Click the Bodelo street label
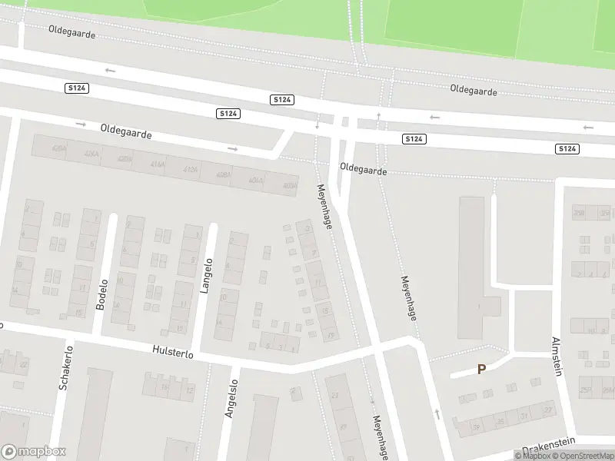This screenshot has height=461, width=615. coord(101,294)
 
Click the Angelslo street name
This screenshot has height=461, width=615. coord(230,398)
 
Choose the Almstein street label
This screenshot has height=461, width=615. coord(557,356)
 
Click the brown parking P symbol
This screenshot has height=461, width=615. coord(482,369)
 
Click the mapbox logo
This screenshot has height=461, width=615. coord(34,452)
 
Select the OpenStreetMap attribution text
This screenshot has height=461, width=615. coord(583,456)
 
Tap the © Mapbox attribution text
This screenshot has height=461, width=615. coord(534,456)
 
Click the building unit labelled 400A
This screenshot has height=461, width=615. coord(289,185)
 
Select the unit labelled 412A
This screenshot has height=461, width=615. coord(190,170)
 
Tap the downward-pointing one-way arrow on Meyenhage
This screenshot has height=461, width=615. coord(317,125)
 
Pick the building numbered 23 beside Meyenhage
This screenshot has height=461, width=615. coord(334,395)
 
